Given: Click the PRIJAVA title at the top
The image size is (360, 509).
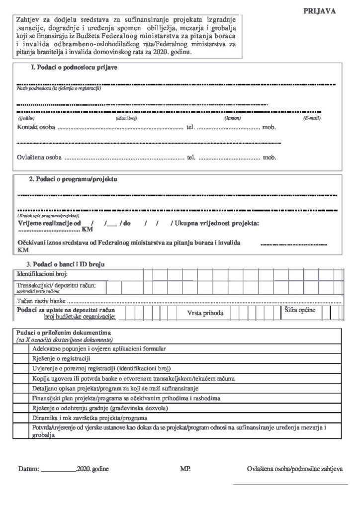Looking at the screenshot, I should tap(319, 10).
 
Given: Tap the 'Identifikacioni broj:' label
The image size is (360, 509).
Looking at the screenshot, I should tap(42, 274).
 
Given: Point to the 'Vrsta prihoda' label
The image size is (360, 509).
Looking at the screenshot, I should tap(205, 313).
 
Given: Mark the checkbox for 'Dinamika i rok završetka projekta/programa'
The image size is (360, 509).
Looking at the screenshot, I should tap(22, 418).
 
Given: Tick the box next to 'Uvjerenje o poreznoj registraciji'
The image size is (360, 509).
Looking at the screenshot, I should tap(22, 368).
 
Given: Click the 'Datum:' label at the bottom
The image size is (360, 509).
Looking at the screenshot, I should tap(27, 469).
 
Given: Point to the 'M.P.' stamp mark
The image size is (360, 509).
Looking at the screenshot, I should tap(185, 469).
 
